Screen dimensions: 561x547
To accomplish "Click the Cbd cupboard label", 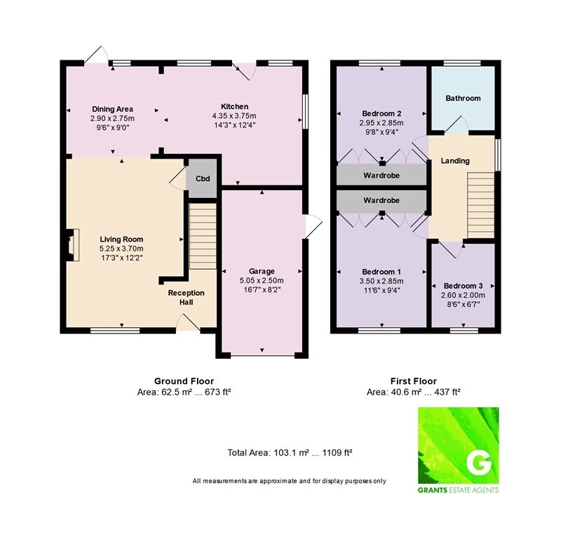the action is tap(203, 178).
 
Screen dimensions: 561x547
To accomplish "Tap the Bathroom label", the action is tap(463, 98).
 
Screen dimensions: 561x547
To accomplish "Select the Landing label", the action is tap(455, 161).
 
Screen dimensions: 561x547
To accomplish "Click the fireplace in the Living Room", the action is tap(72, 245).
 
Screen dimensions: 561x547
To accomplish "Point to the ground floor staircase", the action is tap(203, 236).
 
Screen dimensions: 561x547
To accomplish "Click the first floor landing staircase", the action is tap(481, 205).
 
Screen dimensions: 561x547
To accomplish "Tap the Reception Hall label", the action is tap(186, 297).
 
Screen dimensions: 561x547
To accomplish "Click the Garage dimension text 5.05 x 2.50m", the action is tap(262, 280).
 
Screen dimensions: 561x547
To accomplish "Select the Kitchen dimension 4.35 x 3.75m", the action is tap(234, 116).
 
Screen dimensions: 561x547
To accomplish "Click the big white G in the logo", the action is tap(479, 464).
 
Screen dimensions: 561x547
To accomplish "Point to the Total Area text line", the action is tap(290, 452).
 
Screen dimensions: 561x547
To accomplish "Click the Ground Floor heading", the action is tap(184, 381).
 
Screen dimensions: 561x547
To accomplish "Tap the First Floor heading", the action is tap(414, 381).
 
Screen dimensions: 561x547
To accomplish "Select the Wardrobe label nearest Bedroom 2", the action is tap(381, 175).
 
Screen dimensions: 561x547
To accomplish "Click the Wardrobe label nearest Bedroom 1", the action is tap(381, 200).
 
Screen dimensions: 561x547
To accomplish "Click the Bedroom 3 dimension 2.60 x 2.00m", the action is tap(463, 295).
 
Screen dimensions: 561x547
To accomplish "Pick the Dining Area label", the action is tap(112, 110).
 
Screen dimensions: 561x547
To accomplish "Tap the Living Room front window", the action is tap(115, 330).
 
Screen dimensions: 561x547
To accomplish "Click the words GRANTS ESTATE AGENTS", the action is tap(458, 490).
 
